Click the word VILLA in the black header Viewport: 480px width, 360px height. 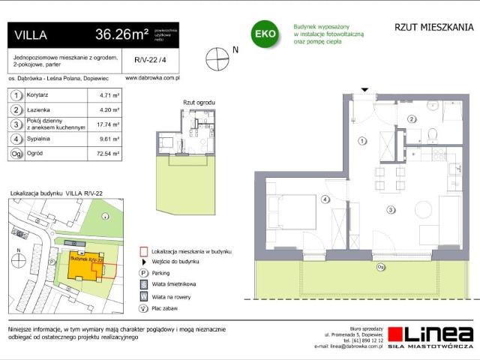(x=31, y=34)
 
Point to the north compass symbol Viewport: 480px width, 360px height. (x=217, y=52)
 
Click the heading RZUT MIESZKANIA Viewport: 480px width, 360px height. (x=433, y=28)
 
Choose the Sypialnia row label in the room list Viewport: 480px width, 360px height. (x=44, y=139)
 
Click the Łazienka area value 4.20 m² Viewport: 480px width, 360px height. (x=110, y=109)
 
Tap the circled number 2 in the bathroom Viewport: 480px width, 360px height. (x=411, y=118)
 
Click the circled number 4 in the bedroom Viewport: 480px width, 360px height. (x=325, y=199)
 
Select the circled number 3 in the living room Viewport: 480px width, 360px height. (x=391, y=211)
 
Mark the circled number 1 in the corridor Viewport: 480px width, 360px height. (x=361, y=140)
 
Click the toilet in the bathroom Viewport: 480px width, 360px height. (x=432, y=135)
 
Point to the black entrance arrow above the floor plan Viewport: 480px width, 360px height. (x=364, y=89)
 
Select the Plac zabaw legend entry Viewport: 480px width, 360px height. (x=166, y=307)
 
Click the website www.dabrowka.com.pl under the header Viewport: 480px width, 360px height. (x=151, y=76)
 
